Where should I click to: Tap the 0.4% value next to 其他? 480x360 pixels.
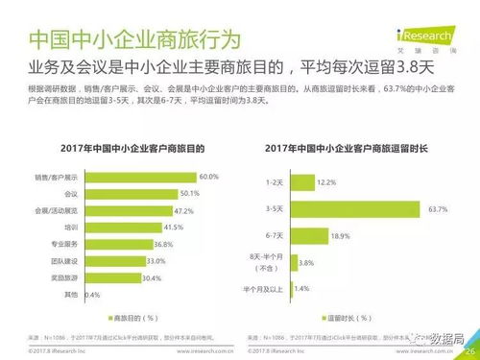click(92, 295)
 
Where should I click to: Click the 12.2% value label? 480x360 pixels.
click(326, 181)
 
